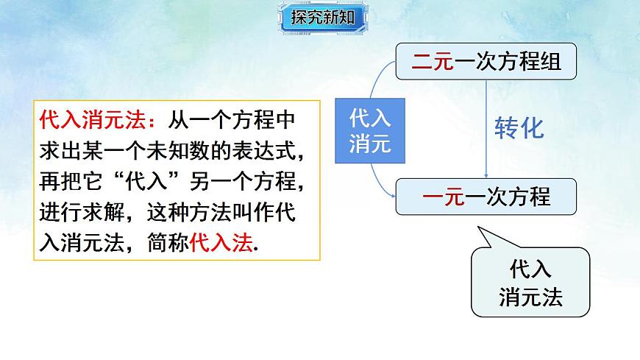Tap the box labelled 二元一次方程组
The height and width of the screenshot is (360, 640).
pos(486,61)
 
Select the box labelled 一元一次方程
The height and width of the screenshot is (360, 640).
pos(486,197)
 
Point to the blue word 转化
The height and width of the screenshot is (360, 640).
pos(519,128)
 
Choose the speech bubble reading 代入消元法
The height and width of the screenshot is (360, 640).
pos(530,283)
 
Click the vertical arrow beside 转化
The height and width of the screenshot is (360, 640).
pos(488,129)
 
